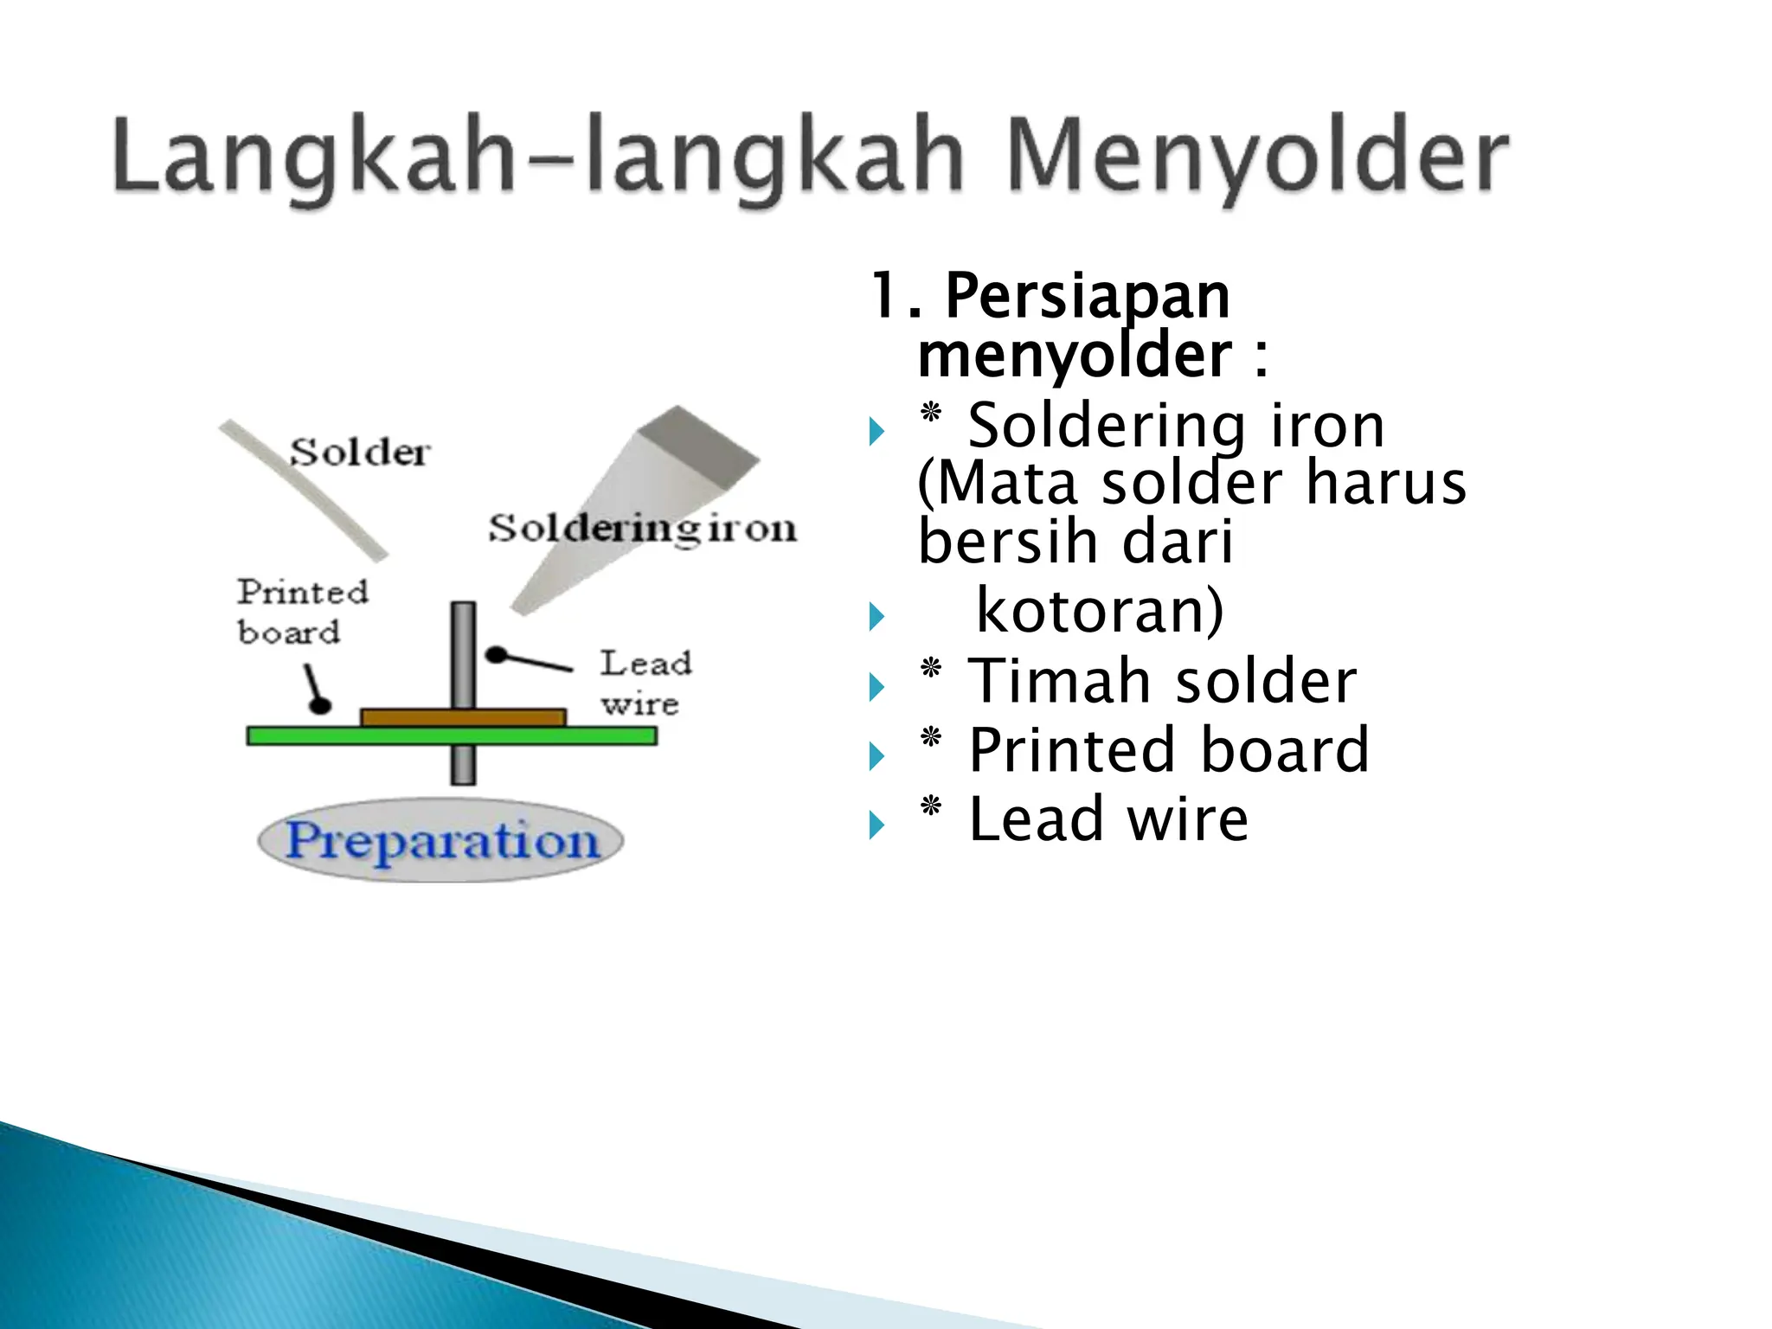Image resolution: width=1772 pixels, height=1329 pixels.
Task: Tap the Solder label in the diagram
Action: coord(359,452)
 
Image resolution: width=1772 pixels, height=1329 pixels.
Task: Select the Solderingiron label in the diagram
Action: coord(642,528)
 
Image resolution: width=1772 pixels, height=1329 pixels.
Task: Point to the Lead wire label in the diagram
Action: coord(645,682)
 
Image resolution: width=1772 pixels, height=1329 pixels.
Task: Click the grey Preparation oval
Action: coord(441,840)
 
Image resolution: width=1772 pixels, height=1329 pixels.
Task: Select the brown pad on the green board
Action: coord(407,717)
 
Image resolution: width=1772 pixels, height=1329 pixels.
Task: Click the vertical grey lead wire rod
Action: coord(464,649)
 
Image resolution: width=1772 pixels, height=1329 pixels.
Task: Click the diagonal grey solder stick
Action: coord(303,489)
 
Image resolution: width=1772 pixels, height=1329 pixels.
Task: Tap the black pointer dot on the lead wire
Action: coord(496,655)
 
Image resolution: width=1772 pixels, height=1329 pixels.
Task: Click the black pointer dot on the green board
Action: coord(321,705)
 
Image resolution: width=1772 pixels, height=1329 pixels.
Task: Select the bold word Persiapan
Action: coord(1087,296)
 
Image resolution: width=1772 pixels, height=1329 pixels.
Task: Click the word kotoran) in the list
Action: coord(1100,611)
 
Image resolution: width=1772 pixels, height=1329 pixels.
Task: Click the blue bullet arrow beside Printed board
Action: coord(876,756)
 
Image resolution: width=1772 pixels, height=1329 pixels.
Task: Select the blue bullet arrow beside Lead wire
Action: coord(876,825)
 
